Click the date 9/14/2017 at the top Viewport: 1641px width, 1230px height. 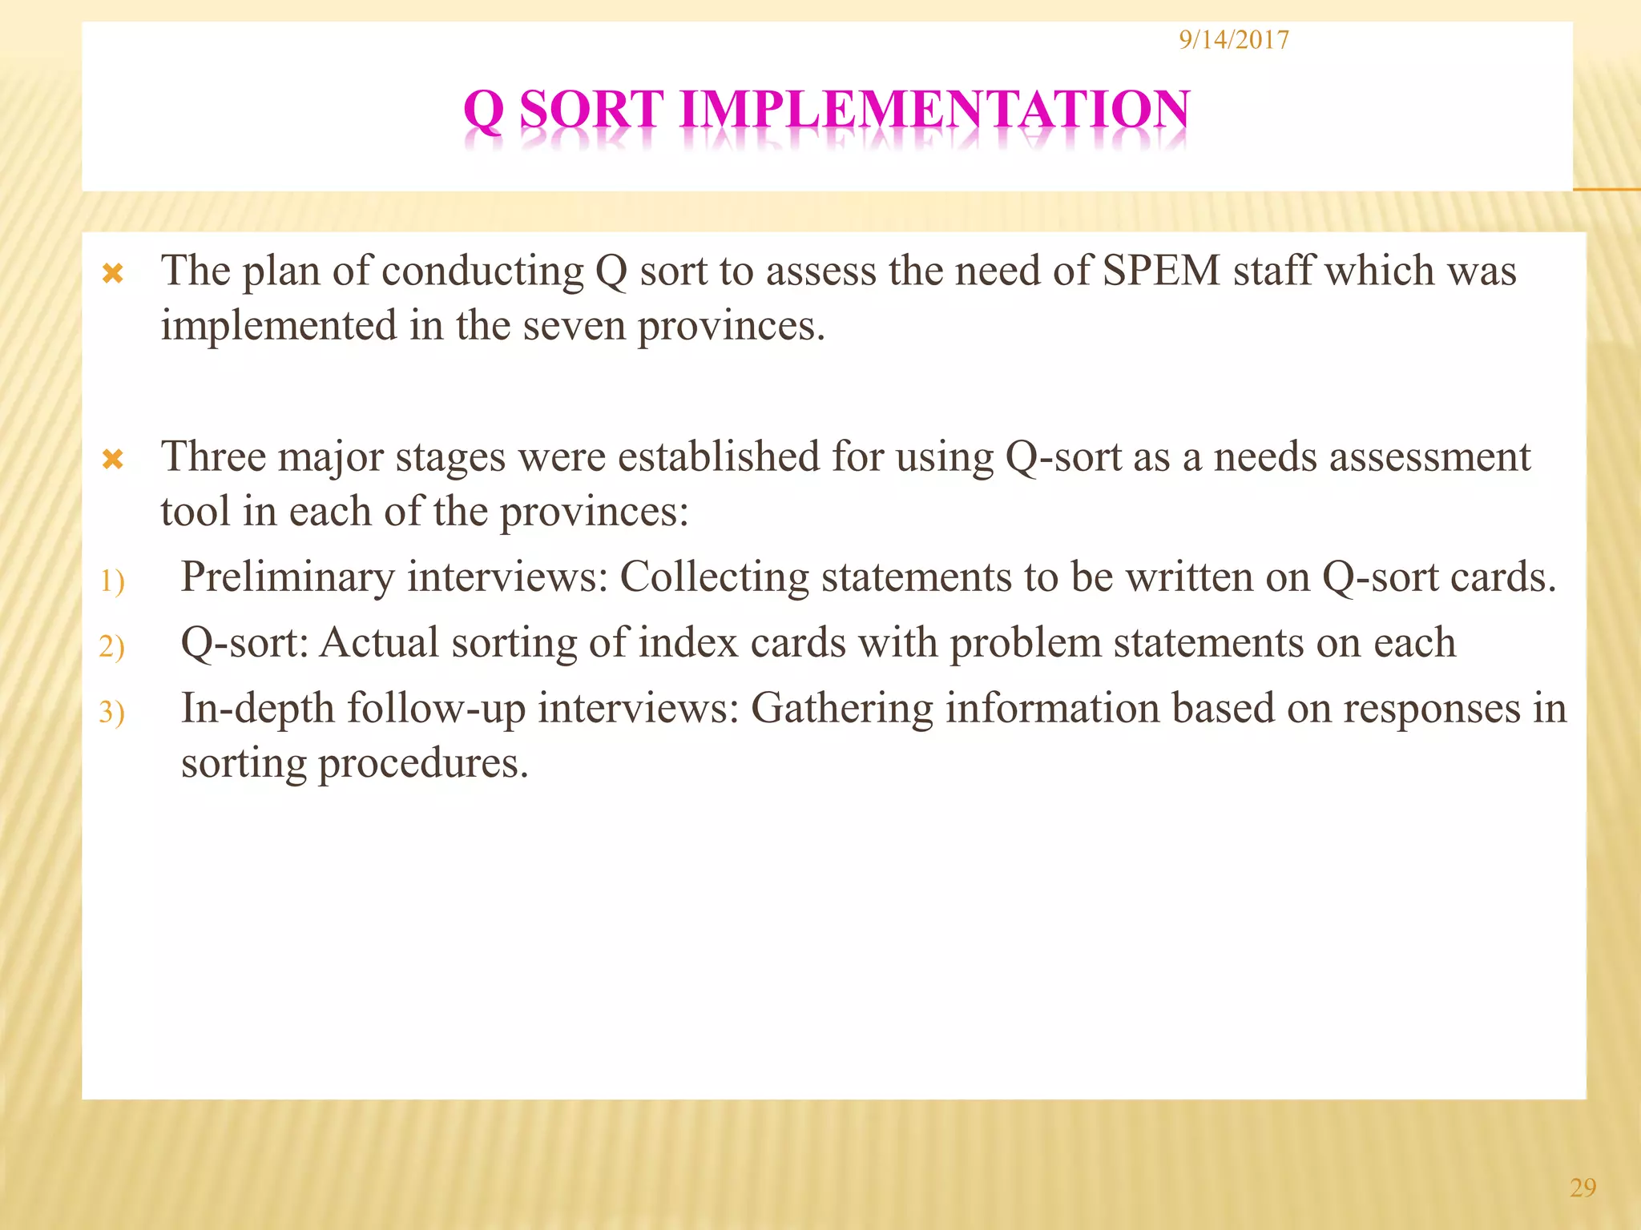(x=1234, y=40)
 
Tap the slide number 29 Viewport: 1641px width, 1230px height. (x=1583, y=1188)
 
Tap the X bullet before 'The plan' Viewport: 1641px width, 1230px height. (x=113, y=275)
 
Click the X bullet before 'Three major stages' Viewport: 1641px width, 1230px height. (x=113, y=460)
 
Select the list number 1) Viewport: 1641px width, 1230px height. (x=112, y=581)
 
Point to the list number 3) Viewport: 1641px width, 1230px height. (x=112, y=713)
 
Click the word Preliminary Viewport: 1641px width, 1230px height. (x=288, y=577)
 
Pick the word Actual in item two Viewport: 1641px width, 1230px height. (x=380, y=643)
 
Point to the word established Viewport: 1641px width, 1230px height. (x=719, y=457)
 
